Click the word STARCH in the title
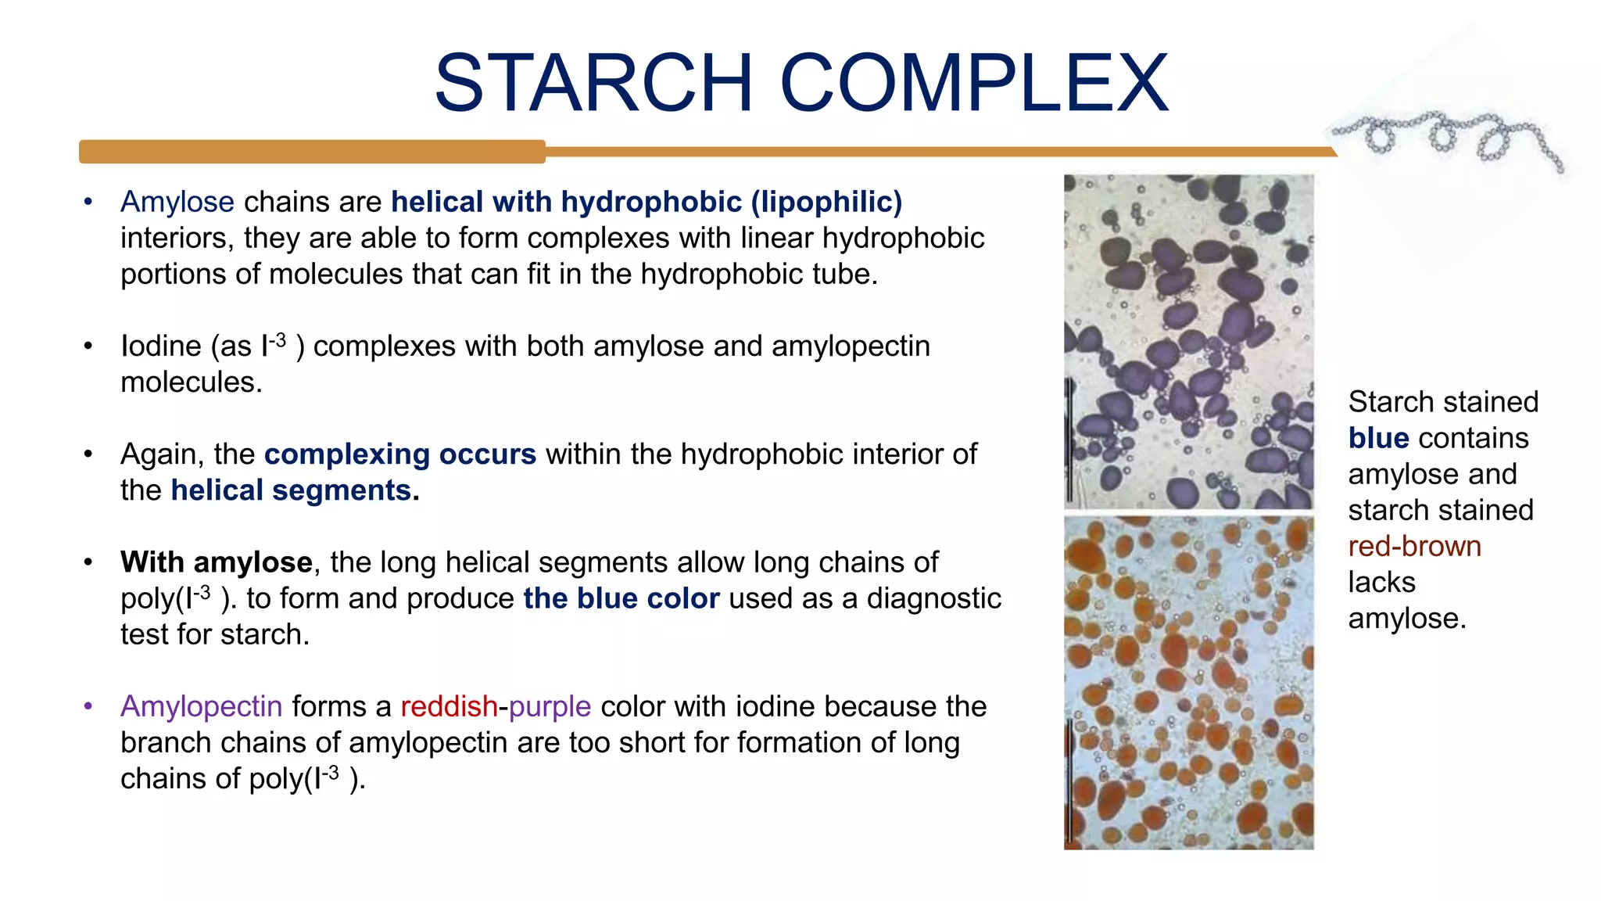(x=594, y=83)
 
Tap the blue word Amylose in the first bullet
(x=177, y=202)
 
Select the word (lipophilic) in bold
(x=826, y=202)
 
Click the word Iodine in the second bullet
(x=161, y=346)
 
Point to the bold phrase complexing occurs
(x=400, y=454)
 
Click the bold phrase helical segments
(x=292, y=490)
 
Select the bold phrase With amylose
(x=217, y=562)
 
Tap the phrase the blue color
(x=621, y=598)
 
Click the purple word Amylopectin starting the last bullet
(x=201, y=706)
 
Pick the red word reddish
(x=449, y=706)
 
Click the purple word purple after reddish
(x=550, y=706)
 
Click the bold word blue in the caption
(x=1378, y=438)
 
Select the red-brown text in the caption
(x=1414, y=546)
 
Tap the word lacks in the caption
(x=1381, y=582)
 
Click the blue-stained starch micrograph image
(x=1188, y=342)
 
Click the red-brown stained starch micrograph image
(x=1188, y=682)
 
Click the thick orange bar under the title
(x=313, y=152)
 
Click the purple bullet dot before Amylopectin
(x=88, y=706)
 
